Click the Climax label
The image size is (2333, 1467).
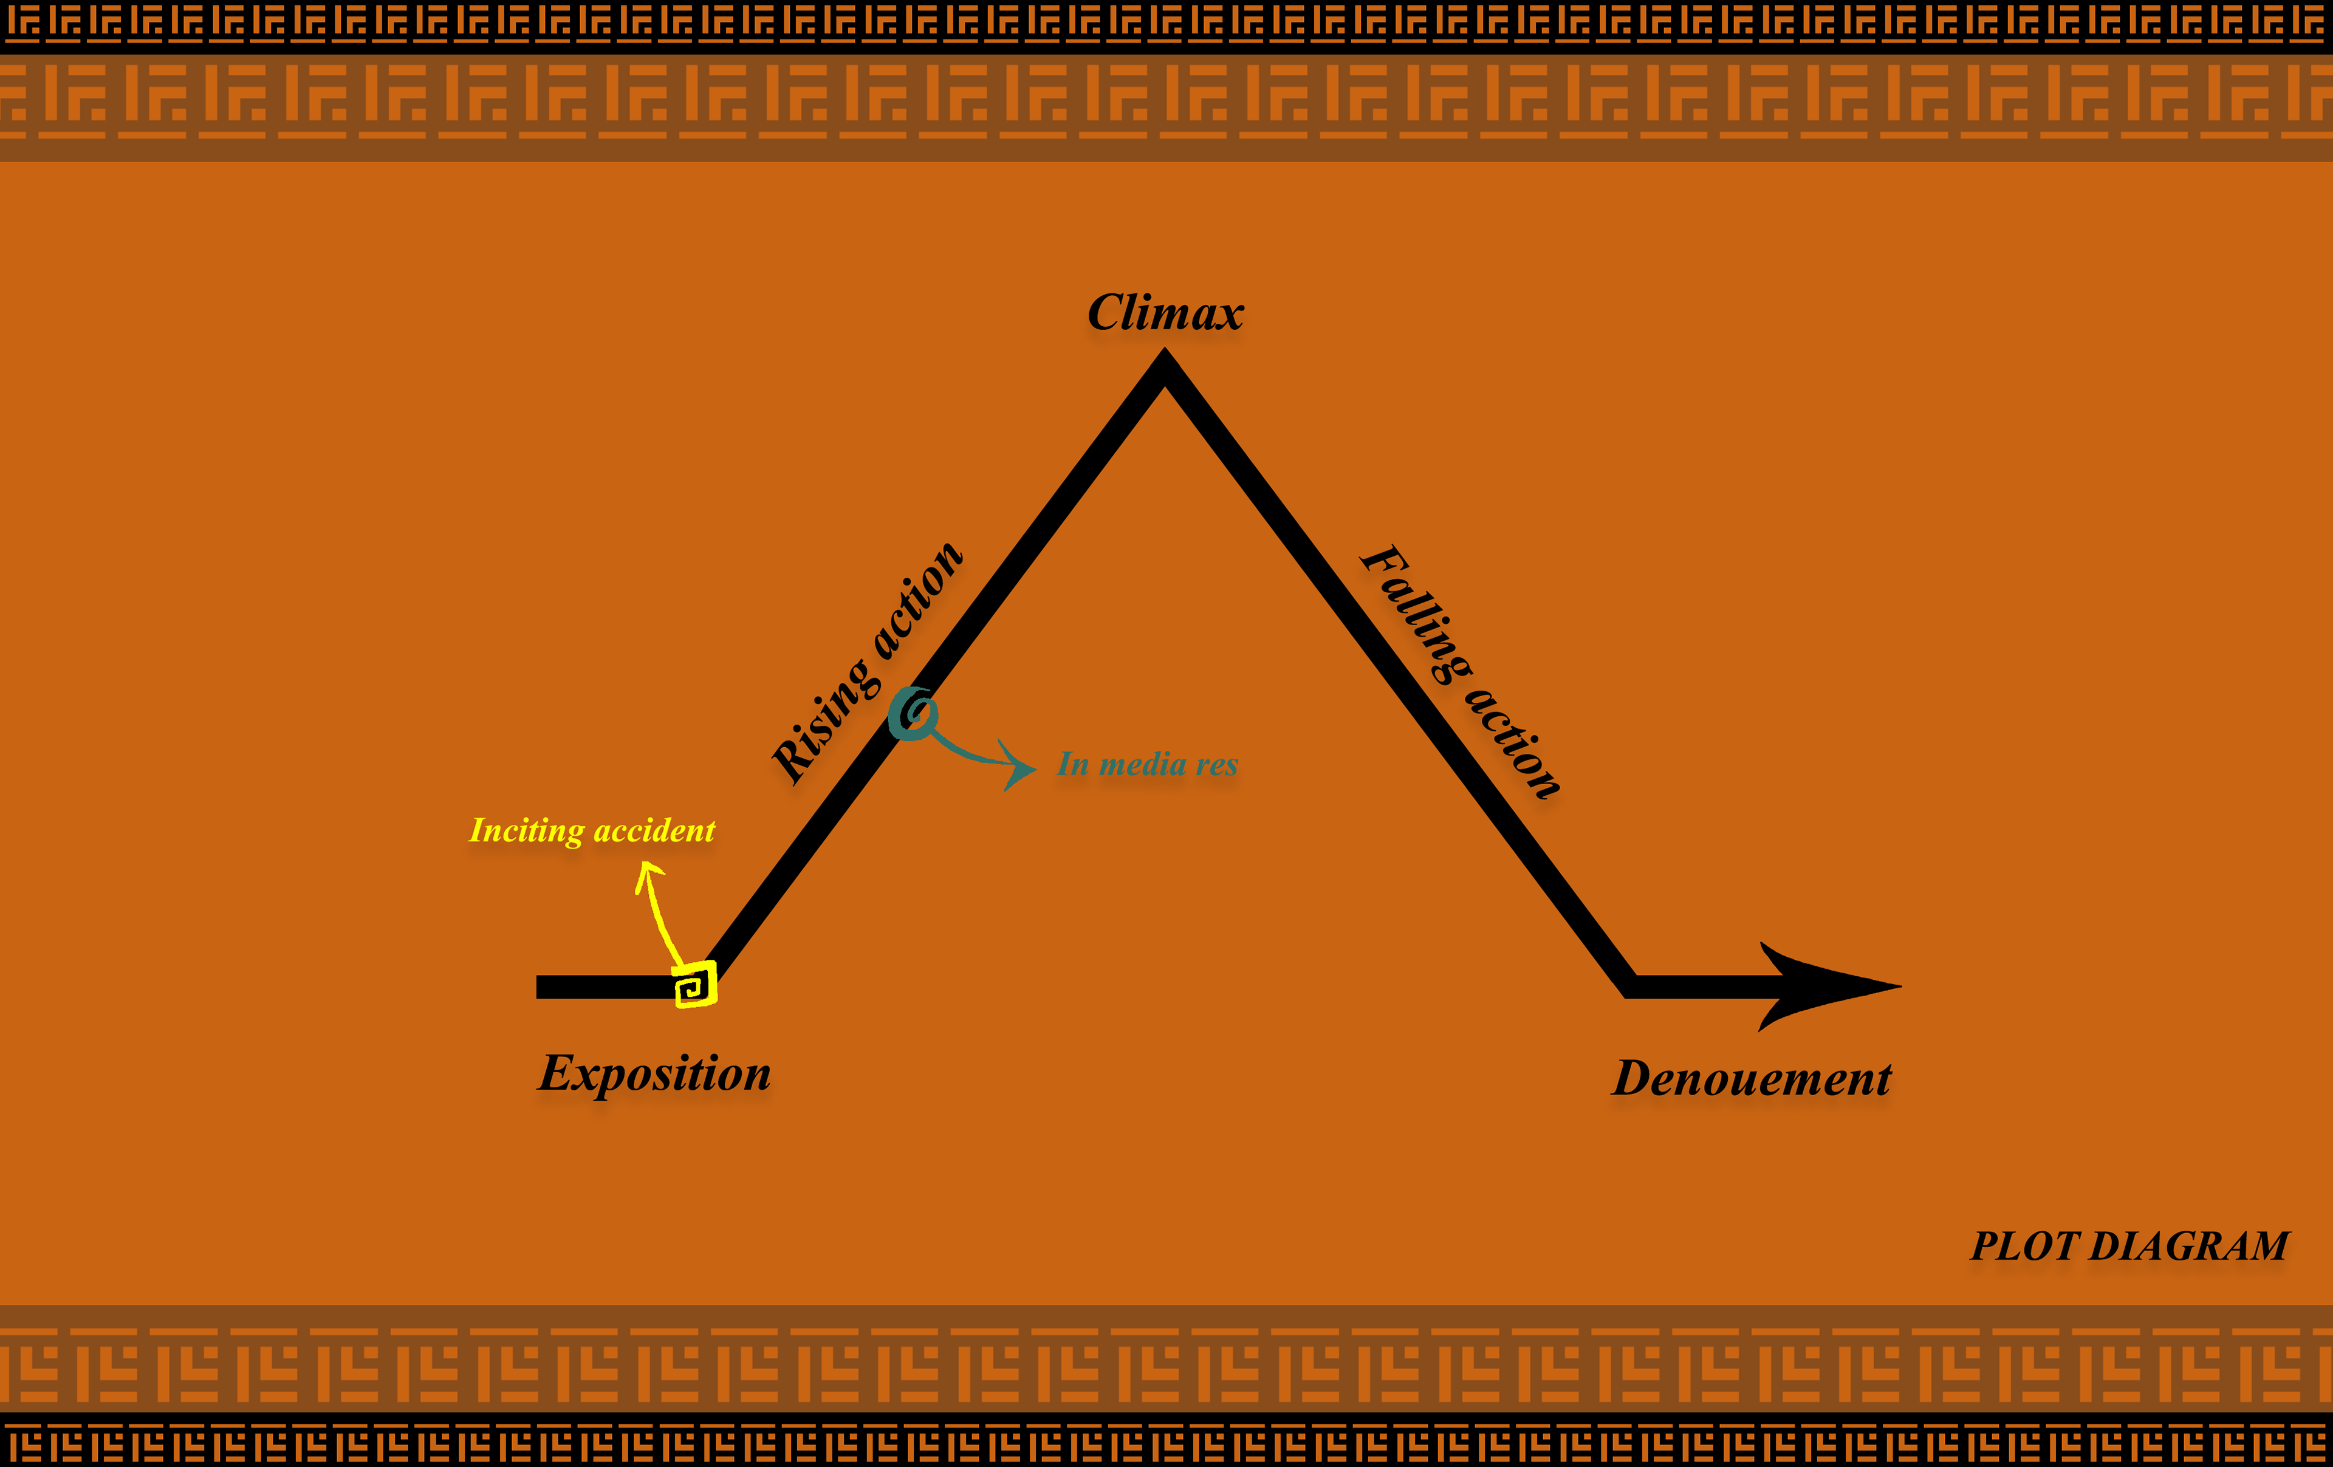(x=1165, y=313)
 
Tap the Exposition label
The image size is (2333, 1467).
(x=655, y=1073)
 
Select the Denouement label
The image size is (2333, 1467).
(x=1752, y=1078)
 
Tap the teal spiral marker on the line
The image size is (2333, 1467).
(x=913, y=714)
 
